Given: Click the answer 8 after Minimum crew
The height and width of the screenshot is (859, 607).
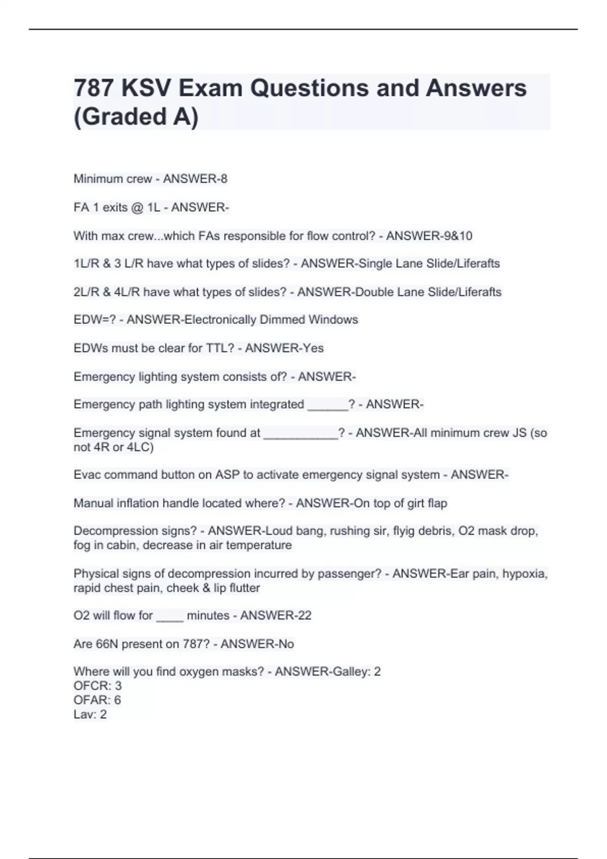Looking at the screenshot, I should click(224, 179).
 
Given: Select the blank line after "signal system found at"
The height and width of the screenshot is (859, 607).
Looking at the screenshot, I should click(300, 434).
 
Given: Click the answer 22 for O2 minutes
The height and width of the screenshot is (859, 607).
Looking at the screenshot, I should click(305, 615).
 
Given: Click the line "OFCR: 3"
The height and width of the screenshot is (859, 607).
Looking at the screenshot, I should click(98, 686).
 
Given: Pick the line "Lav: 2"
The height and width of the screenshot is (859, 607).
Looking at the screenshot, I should click(90, 714).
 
